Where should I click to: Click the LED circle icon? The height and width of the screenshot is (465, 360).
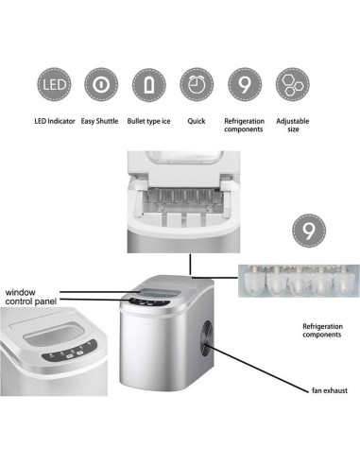pos(54,84)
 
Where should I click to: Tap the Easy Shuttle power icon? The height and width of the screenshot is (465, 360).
pos(101,84)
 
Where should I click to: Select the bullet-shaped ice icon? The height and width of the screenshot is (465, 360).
pos(148,84)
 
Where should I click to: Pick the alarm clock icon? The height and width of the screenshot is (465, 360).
pos(197,84)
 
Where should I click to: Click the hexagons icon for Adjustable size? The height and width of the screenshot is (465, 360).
pos(293,84)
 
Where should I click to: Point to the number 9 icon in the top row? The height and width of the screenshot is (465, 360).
pos(245,84)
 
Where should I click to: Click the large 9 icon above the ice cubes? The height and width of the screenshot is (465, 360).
pos(309,231)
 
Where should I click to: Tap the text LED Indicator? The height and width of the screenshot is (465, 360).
pos(55,121)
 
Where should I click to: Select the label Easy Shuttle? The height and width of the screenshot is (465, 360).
pos(99,121)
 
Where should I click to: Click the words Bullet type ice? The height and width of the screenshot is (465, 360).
pos(148,121)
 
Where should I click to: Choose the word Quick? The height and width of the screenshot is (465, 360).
pos(197,121)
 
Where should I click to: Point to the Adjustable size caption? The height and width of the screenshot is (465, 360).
pos(293,125)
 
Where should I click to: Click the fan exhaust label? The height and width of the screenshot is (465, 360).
pos(330,390)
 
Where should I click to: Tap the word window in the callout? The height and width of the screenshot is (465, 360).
pos(21,292)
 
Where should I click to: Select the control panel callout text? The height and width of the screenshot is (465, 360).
pos(31,301)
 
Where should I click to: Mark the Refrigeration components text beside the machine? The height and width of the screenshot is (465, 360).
pos(322,331)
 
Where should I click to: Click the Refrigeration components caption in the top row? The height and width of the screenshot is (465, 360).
pos(244,125)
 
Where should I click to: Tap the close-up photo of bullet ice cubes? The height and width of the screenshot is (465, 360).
pos(299,281)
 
